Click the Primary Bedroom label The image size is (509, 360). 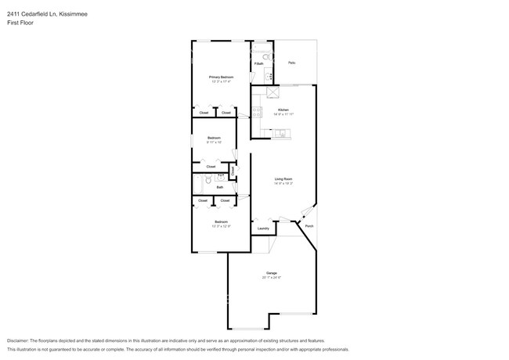click(x=221, y=77)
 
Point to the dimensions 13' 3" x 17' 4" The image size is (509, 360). click(x=221, y=81)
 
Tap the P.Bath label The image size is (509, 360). click(x=258, y=63)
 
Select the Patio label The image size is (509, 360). click(x=291, y=63)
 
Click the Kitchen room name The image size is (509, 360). click(x=283, y=110)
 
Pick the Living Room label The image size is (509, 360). click(x=283, y=179)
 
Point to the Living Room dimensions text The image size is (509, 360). click(x=283, y=184)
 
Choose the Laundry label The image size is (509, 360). click(x=263, y=229)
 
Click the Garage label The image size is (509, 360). click(x=272, y=273)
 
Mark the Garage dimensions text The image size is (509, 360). click(x=272, y=278)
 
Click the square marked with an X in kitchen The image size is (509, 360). click(x=273, y=93)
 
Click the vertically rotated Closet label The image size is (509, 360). click(x=233, y=170)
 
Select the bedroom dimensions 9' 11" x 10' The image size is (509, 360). click(x=214, y=142)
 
